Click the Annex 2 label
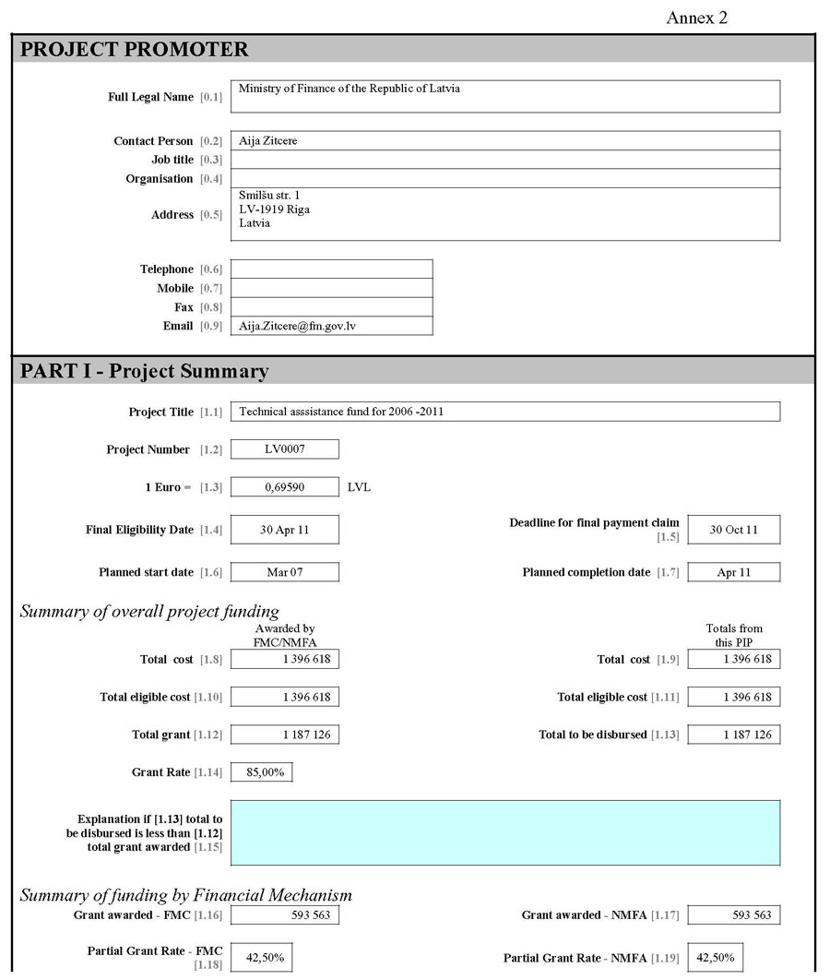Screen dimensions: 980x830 696,18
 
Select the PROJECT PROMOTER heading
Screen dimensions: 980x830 135,50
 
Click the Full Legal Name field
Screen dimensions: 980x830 504,96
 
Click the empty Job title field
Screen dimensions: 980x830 504,160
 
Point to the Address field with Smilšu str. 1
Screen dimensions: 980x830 504,214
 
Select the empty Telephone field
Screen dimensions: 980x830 331,269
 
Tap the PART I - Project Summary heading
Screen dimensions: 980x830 145,371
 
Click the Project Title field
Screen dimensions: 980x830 504,412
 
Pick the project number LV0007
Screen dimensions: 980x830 284,449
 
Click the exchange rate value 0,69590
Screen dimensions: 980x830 284,486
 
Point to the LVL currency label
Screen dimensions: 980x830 360,486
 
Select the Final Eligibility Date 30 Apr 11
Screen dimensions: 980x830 284,530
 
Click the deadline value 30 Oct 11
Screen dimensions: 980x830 733,530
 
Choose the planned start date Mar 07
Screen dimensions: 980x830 284,572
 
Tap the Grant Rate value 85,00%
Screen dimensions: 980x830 261,772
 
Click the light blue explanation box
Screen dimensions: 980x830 504,832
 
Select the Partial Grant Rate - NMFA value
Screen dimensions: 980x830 715,958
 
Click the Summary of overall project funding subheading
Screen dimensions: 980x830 149,611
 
